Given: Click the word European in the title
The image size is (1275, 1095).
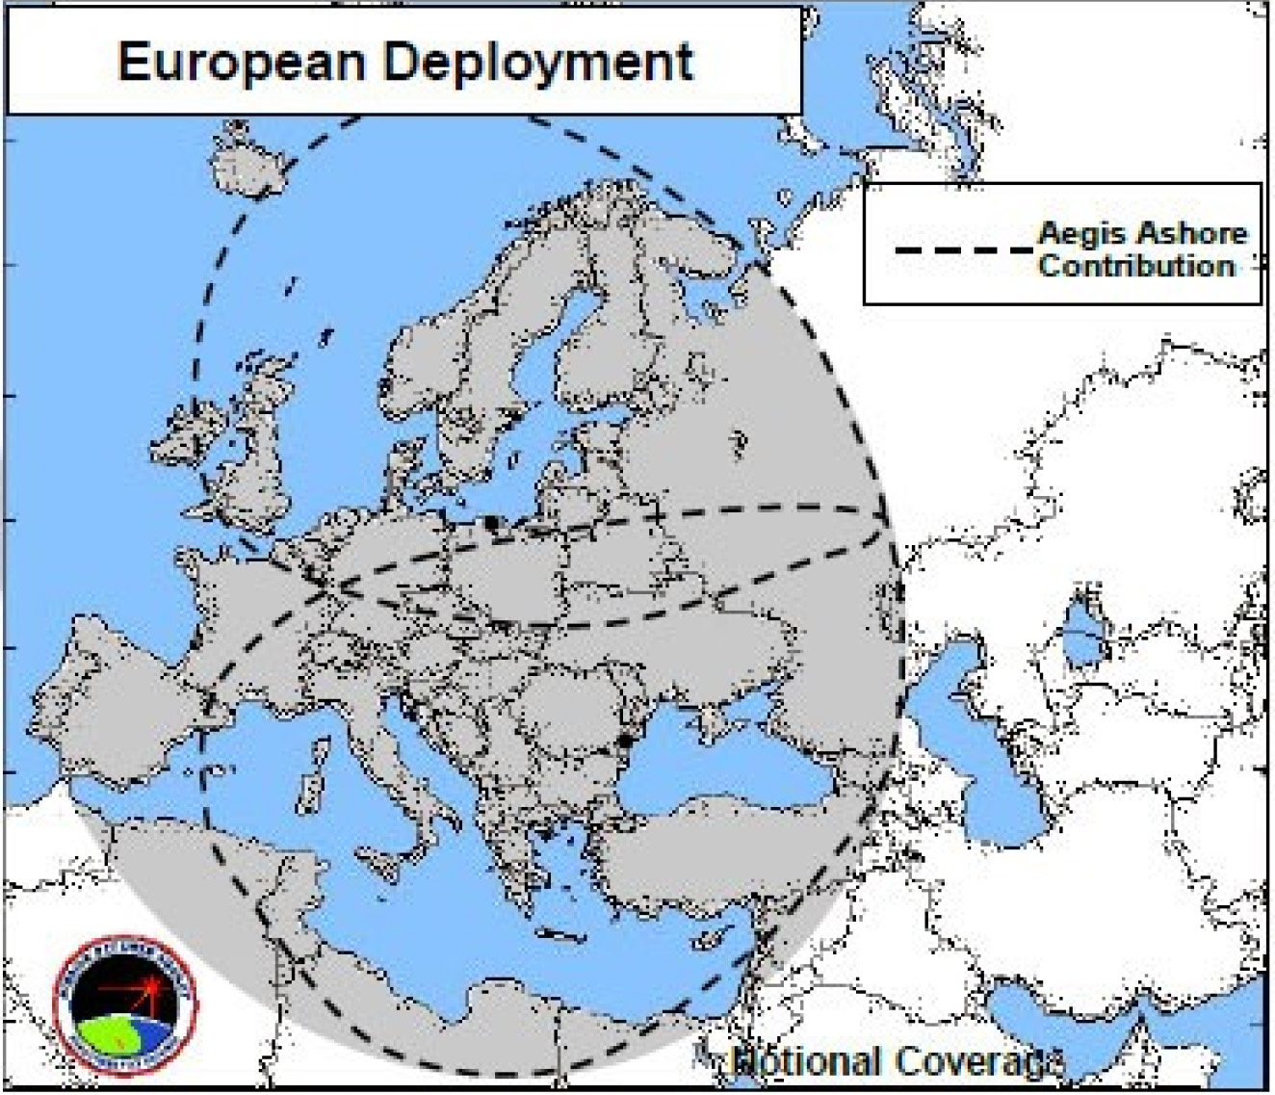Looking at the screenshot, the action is (x=243, y=62).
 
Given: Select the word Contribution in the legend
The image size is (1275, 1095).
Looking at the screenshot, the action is (x=1136, y=266).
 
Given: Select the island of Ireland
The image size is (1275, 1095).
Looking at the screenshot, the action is (x=193, y=438).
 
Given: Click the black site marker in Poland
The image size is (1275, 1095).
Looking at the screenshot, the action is (x=493, y=523).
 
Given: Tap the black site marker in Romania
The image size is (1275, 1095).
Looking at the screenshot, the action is (x=626, y=741).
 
